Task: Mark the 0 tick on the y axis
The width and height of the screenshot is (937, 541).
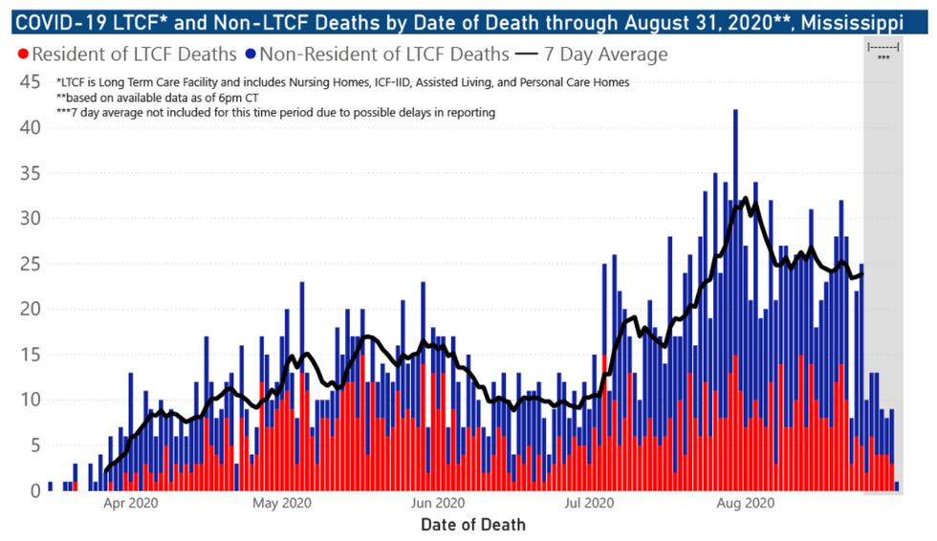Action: pyautogui.click(x=34, y=491)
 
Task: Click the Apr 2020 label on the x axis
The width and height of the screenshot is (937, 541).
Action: pyautogui.click(x=130, y=504)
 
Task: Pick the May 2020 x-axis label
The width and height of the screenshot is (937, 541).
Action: pyautogui.click(x=283, y=504)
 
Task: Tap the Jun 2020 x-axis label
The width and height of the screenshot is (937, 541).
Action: pyautogui.click(x=437, y=504)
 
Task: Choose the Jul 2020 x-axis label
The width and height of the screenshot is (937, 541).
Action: pyautogui.click(x=589, y=504)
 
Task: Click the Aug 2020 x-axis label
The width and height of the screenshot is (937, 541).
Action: pyautogui.click(x=744, y=504)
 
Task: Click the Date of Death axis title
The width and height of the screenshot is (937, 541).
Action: pyautogui.click(x=472, y=525)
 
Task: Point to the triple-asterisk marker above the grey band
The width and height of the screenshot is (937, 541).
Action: pyautogui.click(x=883, y=58)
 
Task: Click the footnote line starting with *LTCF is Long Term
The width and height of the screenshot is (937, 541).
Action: pyautogui.click(x=342, y=82)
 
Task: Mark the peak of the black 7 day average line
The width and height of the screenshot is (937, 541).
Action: pyautogui.click(x=745, y=199)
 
